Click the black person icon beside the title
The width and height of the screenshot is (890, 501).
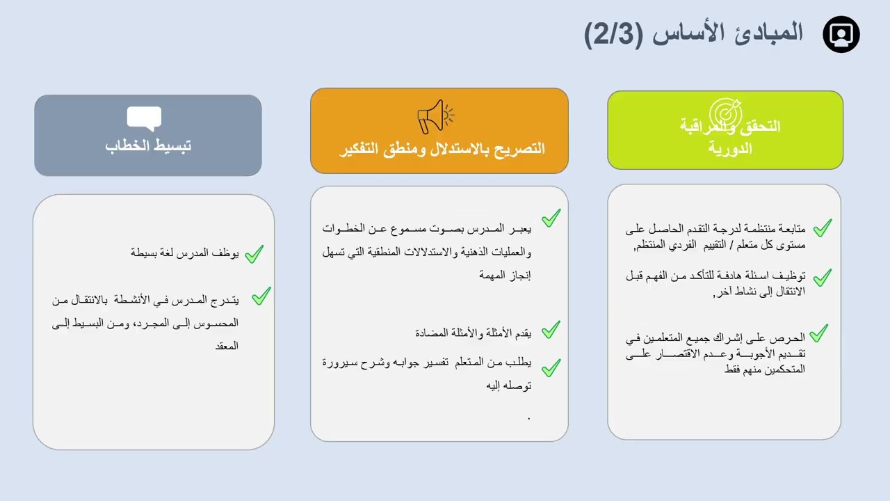pos(841,34)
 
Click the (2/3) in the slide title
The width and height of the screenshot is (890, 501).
pos(614,34)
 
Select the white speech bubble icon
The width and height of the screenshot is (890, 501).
pos(144,118)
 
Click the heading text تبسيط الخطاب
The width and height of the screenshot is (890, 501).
pos(148,146)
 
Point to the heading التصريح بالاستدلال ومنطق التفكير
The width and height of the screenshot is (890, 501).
pos(442,149)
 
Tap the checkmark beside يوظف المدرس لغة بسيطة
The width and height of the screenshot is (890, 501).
pos(254,254)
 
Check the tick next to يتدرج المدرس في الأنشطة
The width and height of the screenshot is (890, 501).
pos(261,296)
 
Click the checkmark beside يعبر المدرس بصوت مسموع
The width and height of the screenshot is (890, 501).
pos(551,218)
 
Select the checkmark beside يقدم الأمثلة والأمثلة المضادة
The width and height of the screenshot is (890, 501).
pos(551,329)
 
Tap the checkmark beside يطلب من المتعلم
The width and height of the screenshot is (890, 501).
pos(551,367)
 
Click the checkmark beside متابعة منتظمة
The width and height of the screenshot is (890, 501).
pos(823,228)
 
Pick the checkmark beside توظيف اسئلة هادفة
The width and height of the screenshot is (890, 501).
pos(823,277)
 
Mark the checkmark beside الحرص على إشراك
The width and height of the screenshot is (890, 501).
pos(818,333)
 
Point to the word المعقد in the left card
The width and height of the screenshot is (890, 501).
pos(227,346)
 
